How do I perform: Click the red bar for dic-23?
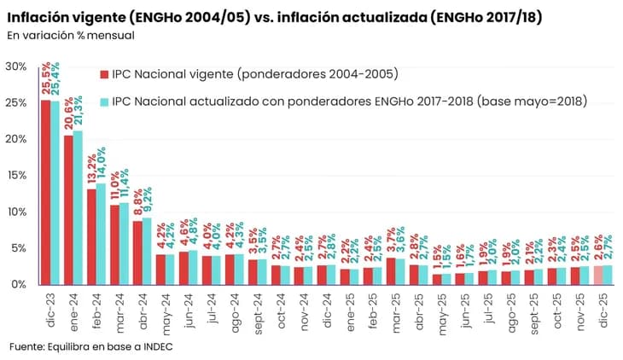45,192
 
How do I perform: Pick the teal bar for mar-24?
125,243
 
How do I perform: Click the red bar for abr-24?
137,253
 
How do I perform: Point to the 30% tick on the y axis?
15,67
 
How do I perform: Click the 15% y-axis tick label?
15,176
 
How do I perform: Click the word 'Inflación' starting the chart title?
42,16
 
